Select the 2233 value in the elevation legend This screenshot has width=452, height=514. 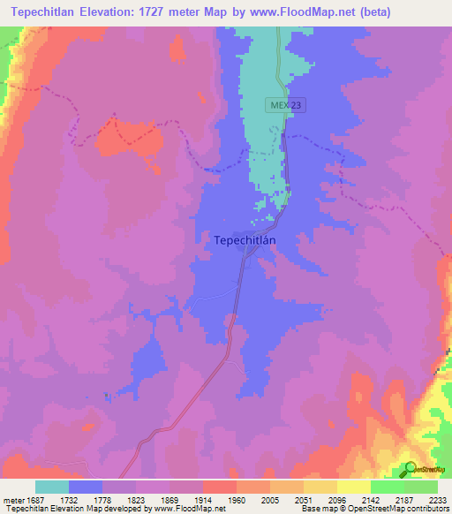(439, 499)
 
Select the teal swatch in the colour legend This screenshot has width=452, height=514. (52, 487)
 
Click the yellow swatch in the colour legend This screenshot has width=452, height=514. (353, 487)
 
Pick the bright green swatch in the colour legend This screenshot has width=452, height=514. (387, 487)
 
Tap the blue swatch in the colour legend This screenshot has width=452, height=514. (86, 487)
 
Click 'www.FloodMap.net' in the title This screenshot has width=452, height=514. (289, 11)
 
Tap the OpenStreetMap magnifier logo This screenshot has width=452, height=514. (410, 468)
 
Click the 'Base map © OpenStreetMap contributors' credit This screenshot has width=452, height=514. (374, 509)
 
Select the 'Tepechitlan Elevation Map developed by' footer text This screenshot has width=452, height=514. (75, 509)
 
